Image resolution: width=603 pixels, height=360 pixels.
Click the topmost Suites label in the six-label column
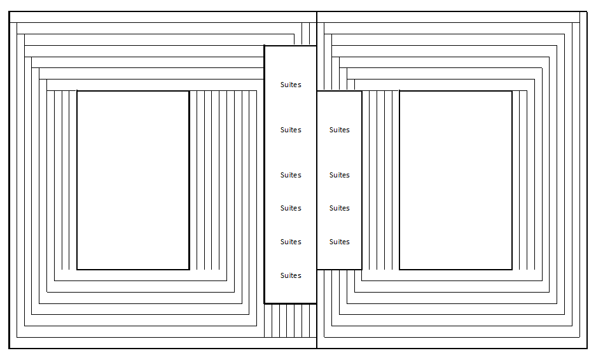tap(291, 85)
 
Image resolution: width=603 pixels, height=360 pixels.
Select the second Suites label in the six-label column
tap(291, 130)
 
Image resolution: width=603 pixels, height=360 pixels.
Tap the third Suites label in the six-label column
tap(291, 175)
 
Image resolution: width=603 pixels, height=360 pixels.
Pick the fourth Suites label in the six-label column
tap(291, 208)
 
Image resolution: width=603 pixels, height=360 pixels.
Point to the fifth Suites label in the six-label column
tap(291, 242)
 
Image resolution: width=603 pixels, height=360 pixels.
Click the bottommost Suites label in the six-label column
tap(291, 275)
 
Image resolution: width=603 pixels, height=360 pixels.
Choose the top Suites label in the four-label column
tap(339, 130)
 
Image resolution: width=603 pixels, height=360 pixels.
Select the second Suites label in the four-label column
tap(339, 175)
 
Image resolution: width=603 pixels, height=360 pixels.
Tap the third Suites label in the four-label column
tap(339, 208)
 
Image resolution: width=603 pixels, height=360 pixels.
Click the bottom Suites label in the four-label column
tap(339, 242)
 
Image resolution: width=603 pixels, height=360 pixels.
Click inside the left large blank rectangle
tap(133, 180)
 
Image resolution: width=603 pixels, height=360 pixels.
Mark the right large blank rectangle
tap(455, 180)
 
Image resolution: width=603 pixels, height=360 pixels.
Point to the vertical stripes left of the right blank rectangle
tap(380, 180)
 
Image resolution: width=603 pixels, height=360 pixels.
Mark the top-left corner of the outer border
tap(10, 12)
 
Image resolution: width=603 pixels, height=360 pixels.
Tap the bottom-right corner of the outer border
tap(586, 348)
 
